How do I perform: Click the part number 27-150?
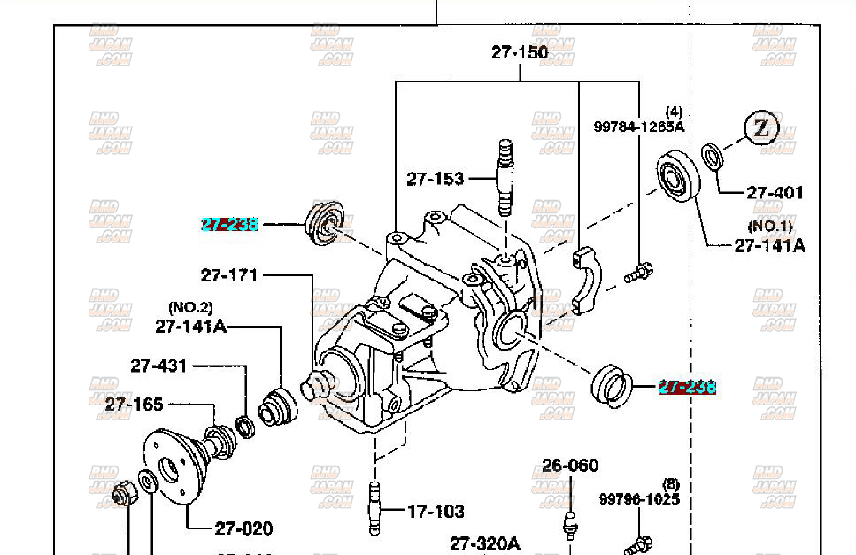pos(520,52)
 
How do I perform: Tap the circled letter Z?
pos(760,128)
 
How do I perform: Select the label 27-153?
pos(436,179)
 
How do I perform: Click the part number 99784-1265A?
pos(639,127)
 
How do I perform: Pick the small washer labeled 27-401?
pos(712,156)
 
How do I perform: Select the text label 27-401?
pos(775,192)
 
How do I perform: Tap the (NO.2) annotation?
pos(191,308)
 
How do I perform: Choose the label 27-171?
pos(229,275)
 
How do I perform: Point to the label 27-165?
pos(135,405)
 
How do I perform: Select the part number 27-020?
pos(243,528)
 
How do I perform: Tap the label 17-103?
pos(436,511)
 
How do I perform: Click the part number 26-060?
pos(570,465)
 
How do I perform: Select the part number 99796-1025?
pos(639,499)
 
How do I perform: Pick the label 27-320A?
pos(485,543)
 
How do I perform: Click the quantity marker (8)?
pos(670,484)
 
